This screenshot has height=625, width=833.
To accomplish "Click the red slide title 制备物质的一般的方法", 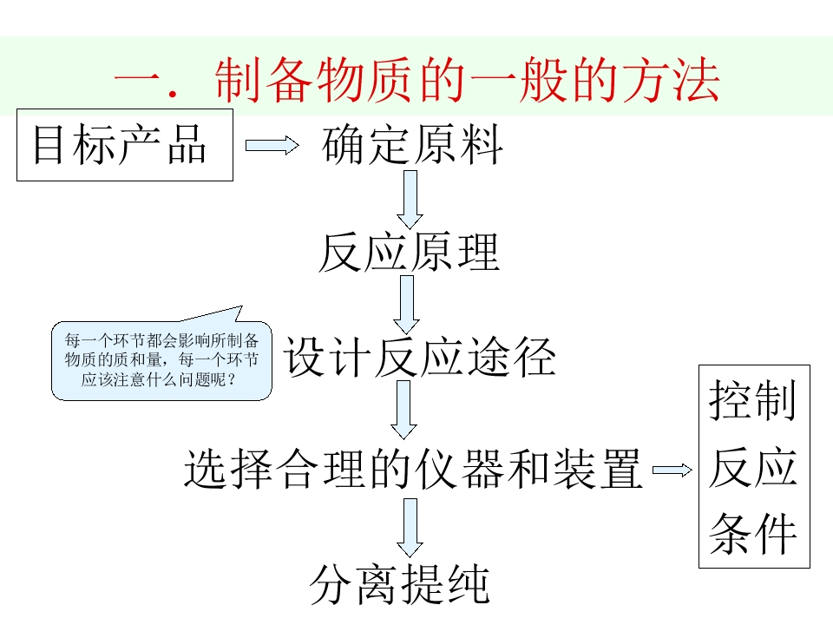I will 416,82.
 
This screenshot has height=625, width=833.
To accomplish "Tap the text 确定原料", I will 412,145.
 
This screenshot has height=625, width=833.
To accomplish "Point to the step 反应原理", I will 409,253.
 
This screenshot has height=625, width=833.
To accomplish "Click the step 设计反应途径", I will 420,358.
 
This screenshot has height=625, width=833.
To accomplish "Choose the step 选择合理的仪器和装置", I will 413,469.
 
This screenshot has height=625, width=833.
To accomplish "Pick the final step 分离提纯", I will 400,584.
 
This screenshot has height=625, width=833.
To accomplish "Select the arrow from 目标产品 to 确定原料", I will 272,146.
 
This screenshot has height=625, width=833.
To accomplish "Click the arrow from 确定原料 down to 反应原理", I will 410,199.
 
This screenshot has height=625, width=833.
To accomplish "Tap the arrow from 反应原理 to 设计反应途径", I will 406,304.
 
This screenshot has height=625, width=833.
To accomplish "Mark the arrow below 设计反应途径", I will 403,410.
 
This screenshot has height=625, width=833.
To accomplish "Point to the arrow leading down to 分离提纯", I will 410,527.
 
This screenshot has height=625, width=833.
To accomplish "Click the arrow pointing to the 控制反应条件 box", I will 672,470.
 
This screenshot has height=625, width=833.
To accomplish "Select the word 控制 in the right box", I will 752,402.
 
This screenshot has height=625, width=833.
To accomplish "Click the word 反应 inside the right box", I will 752,469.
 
